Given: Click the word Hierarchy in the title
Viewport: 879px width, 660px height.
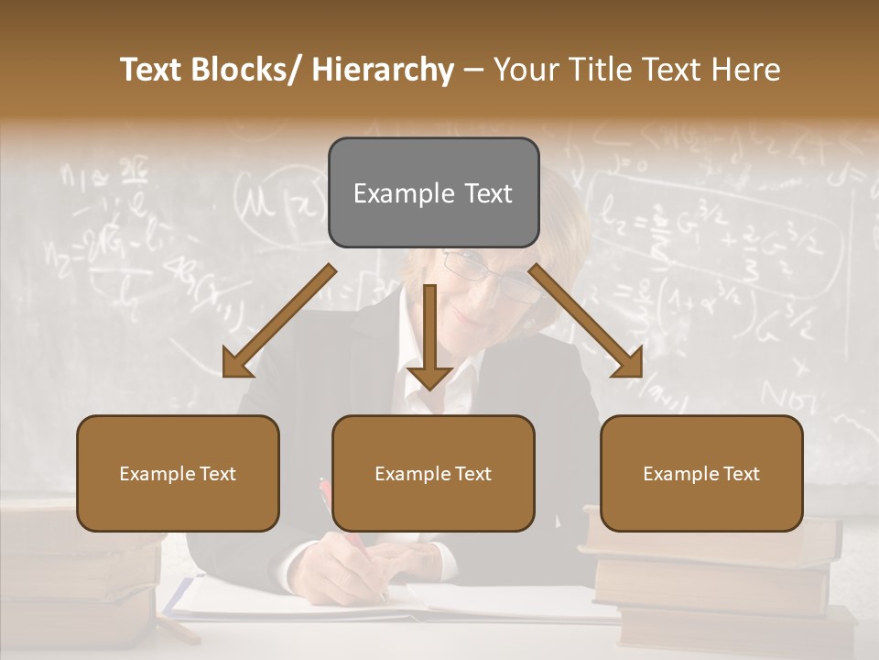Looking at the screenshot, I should (x=383, y=70).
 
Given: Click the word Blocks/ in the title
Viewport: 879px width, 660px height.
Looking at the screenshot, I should (x=251, y=70).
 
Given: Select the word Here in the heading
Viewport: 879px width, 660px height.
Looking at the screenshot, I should (x=746, y=70).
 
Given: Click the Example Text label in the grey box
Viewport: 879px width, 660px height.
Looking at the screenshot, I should (x=433, y=193).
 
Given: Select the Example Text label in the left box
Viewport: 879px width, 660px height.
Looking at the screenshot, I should (x=178, y=474).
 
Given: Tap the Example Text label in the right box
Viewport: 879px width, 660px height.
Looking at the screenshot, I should (x=701, y=474).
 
